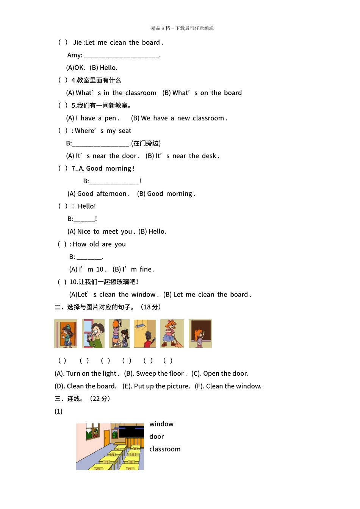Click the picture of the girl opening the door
[x=66, y=334]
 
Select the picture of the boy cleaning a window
[x=93, y=334]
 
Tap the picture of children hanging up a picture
[x=119, y=334]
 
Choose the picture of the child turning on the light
[x=145, y=334]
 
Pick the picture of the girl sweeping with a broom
[x=172, y=334]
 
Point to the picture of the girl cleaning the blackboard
[x=200, y=334]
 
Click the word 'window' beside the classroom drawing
[x=161, y=424]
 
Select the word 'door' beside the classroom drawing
[x=157, y=436]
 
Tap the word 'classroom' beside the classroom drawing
[x=165, y=449]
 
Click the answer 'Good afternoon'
[x=102, y=194]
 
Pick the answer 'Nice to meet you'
[x=104, y=231]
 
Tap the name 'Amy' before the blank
[x=74, y=55]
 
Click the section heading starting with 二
[x=108, y=307]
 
